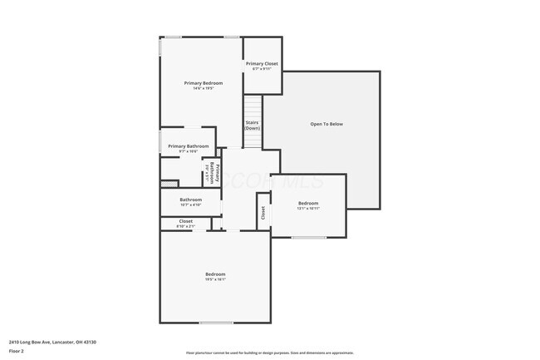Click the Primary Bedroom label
204,83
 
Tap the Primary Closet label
262,64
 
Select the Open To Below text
326,125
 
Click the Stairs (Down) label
252,126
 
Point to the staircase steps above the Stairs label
253,107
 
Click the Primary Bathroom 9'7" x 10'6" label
188,146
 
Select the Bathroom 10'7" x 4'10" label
191,200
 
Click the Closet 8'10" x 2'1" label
185,222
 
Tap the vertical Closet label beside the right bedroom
263,214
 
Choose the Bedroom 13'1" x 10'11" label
308,204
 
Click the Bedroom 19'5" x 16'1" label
215,275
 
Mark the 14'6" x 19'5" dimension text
204,88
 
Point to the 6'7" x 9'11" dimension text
262,69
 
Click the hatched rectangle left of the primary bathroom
169,183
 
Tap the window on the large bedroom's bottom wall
216,323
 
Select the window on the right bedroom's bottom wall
308,238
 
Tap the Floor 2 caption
17,351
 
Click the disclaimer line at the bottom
270,353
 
